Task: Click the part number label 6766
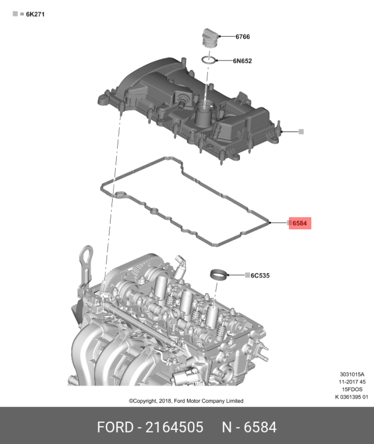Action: click(243, 37)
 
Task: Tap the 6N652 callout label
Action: click(242, 61)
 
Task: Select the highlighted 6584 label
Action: click(300, 223)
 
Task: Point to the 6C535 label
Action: click(260, 276)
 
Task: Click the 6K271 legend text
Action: click(36, 14)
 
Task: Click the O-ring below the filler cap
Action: click(208, 60)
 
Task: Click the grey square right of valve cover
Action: click(301, 132)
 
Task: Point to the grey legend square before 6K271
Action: click(15, 14)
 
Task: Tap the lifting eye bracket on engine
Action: click(86, 266)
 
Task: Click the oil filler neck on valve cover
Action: click(204, 116)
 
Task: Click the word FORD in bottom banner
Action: click(115, 427)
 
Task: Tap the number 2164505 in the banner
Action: click(174, 427)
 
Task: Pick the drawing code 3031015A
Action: click(352, 374)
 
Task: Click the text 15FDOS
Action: click(352, 389)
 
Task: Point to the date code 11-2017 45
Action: click(352, 382)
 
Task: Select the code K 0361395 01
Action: click(352, 397)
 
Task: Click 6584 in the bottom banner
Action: click(260, 427)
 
